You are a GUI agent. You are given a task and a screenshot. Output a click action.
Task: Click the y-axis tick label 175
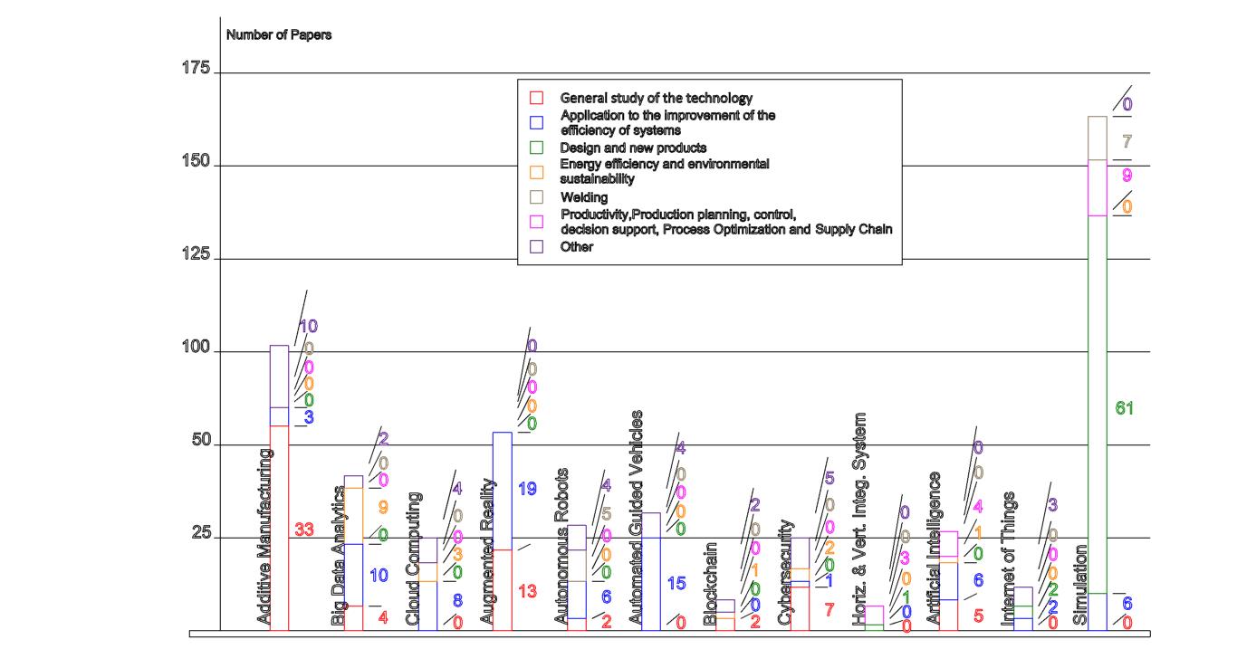197,70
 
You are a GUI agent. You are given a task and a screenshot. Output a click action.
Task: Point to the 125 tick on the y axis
197,256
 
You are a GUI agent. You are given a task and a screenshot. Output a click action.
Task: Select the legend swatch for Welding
536,196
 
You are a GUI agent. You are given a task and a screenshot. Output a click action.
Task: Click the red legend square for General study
536,97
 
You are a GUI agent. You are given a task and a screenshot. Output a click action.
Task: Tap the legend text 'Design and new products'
633,147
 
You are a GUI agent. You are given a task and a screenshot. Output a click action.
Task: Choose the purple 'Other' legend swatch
536,246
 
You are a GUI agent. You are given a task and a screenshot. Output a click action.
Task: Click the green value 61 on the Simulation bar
1125,409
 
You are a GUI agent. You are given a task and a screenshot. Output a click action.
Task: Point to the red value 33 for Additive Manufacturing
304,530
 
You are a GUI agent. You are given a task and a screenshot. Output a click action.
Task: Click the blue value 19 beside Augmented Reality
527,489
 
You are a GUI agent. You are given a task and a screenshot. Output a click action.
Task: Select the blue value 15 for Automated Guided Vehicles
676,584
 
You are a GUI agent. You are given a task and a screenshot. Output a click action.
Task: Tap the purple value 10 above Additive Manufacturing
308,326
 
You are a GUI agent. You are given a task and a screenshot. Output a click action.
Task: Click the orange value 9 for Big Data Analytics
383,508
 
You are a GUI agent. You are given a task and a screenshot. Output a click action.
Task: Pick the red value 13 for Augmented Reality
528,591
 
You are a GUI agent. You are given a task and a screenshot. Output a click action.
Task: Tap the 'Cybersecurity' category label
784,572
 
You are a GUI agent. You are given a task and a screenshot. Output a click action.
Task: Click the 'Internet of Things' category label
1007,559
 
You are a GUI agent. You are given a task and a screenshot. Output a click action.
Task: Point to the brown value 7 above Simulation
1127,142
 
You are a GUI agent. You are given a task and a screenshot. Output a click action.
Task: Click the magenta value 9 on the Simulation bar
1127,175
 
